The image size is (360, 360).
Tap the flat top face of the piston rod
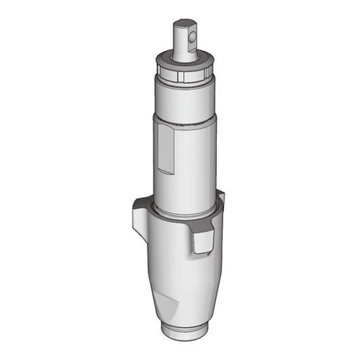(x=185, y=22)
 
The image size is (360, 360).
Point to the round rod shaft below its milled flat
(x=183, y=53)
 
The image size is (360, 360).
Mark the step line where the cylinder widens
(x=185, y=120)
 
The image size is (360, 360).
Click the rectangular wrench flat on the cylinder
(x=166, y=148)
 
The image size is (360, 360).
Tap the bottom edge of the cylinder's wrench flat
(x=166, y=172)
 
